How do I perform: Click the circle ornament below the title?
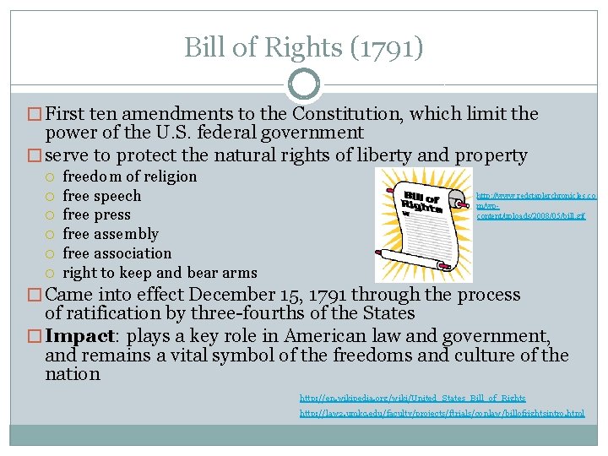(x=304, y=84)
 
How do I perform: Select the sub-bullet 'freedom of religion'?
(x=129, y=176)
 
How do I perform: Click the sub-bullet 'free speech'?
(x=102, y=196)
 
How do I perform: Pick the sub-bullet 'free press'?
(x=97, y=214)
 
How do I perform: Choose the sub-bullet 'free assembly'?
(x=111, y=234)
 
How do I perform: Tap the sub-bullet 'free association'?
(x=117, y=253)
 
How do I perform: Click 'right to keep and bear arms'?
(x=160, y=272)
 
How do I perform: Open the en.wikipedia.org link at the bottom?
(x=412, y=398)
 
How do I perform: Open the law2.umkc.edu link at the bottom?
(x=442, y=413)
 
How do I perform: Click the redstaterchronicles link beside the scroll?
(x=536, y=205)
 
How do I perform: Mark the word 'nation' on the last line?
(x=73, y=374)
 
